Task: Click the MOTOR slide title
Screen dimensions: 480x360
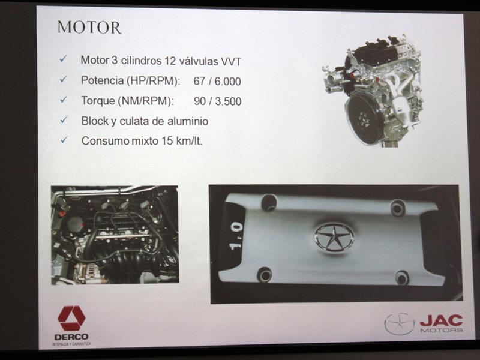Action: tap(89, 27)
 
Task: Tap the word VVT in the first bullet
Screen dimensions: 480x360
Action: tap(231, 61)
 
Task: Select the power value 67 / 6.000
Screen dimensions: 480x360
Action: tap(217, 81)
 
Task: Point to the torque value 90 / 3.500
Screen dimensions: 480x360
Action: tap(217, 101)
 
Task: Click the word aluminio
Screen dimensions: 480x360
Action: tap(188, 121)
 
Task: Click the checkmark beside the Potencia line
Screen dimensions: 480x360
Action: tap(64, 79)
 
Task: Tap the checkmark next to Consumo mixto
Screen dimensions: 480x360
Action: tap(64, 140)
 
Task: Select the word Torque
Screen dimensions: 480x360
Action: tap(98, 101)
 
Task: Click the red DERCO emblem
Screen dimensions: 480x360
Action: tap(71, 319)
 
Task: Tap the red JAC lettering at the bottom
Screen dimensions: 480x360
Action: tap(441, 320)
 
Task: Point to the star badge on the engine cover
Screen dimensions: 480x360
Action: tap(334, 237)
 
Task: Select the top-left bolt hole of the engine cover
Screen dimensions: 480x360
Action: tap(268, 202)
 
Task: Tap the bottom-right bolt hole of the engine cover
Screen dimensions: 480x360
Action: tap(401, 278)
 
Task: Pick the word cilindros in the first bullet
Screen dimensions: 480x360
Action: tap(141, 61)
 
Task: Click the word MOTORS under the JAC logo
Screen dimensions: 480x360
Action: tap(442, 330)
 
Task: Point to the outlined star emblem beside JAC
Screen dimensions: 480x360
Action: tap(399, 323)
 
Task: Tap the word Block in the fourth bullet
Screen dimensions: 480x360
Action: tap(95, 121)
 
